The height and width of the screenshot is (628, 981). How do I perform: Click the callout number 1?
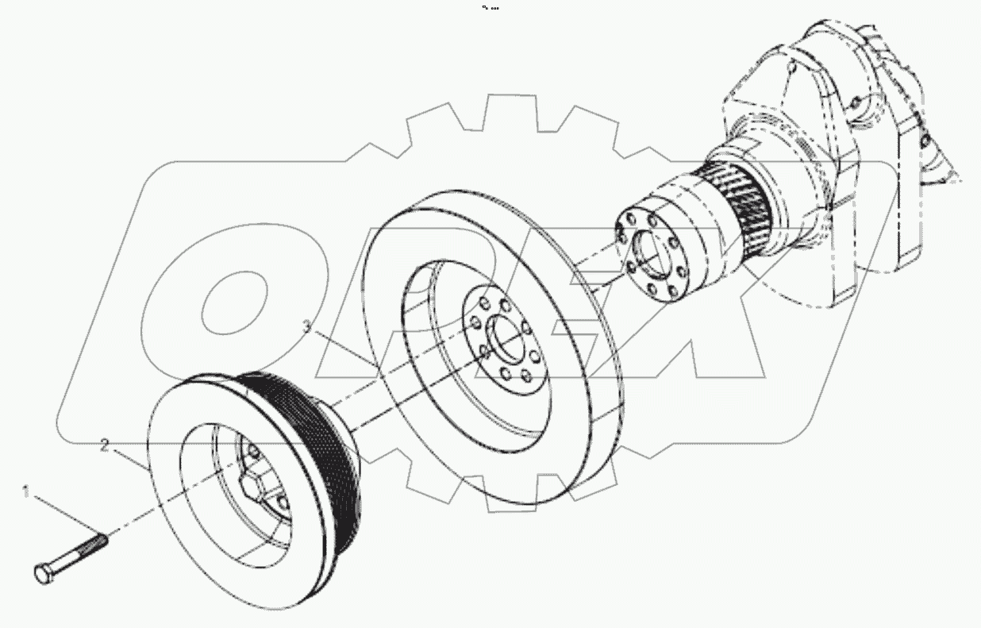[25, 493]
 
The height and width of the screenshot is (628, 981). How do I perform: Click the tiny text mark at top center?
[490, 8]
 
